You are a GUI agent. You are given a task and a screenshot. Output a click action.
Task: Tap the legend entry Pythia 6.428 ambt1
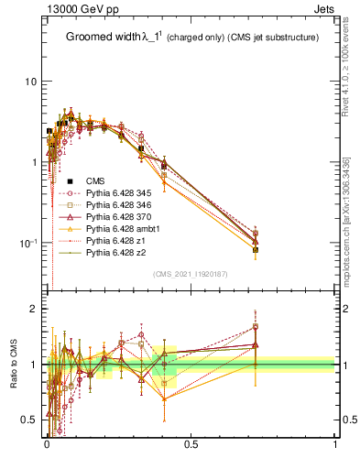tap(117, 234)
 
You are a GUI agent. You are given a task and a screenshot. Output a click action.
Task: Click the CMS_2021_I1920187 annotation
tap(190, 275)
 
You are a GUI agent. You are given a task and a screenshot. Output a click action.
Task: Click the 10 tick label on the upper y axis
tap(31, 82)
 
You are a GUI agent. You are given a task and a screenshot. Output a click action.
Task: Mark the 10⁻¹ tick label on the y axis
tap(27, 243)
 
